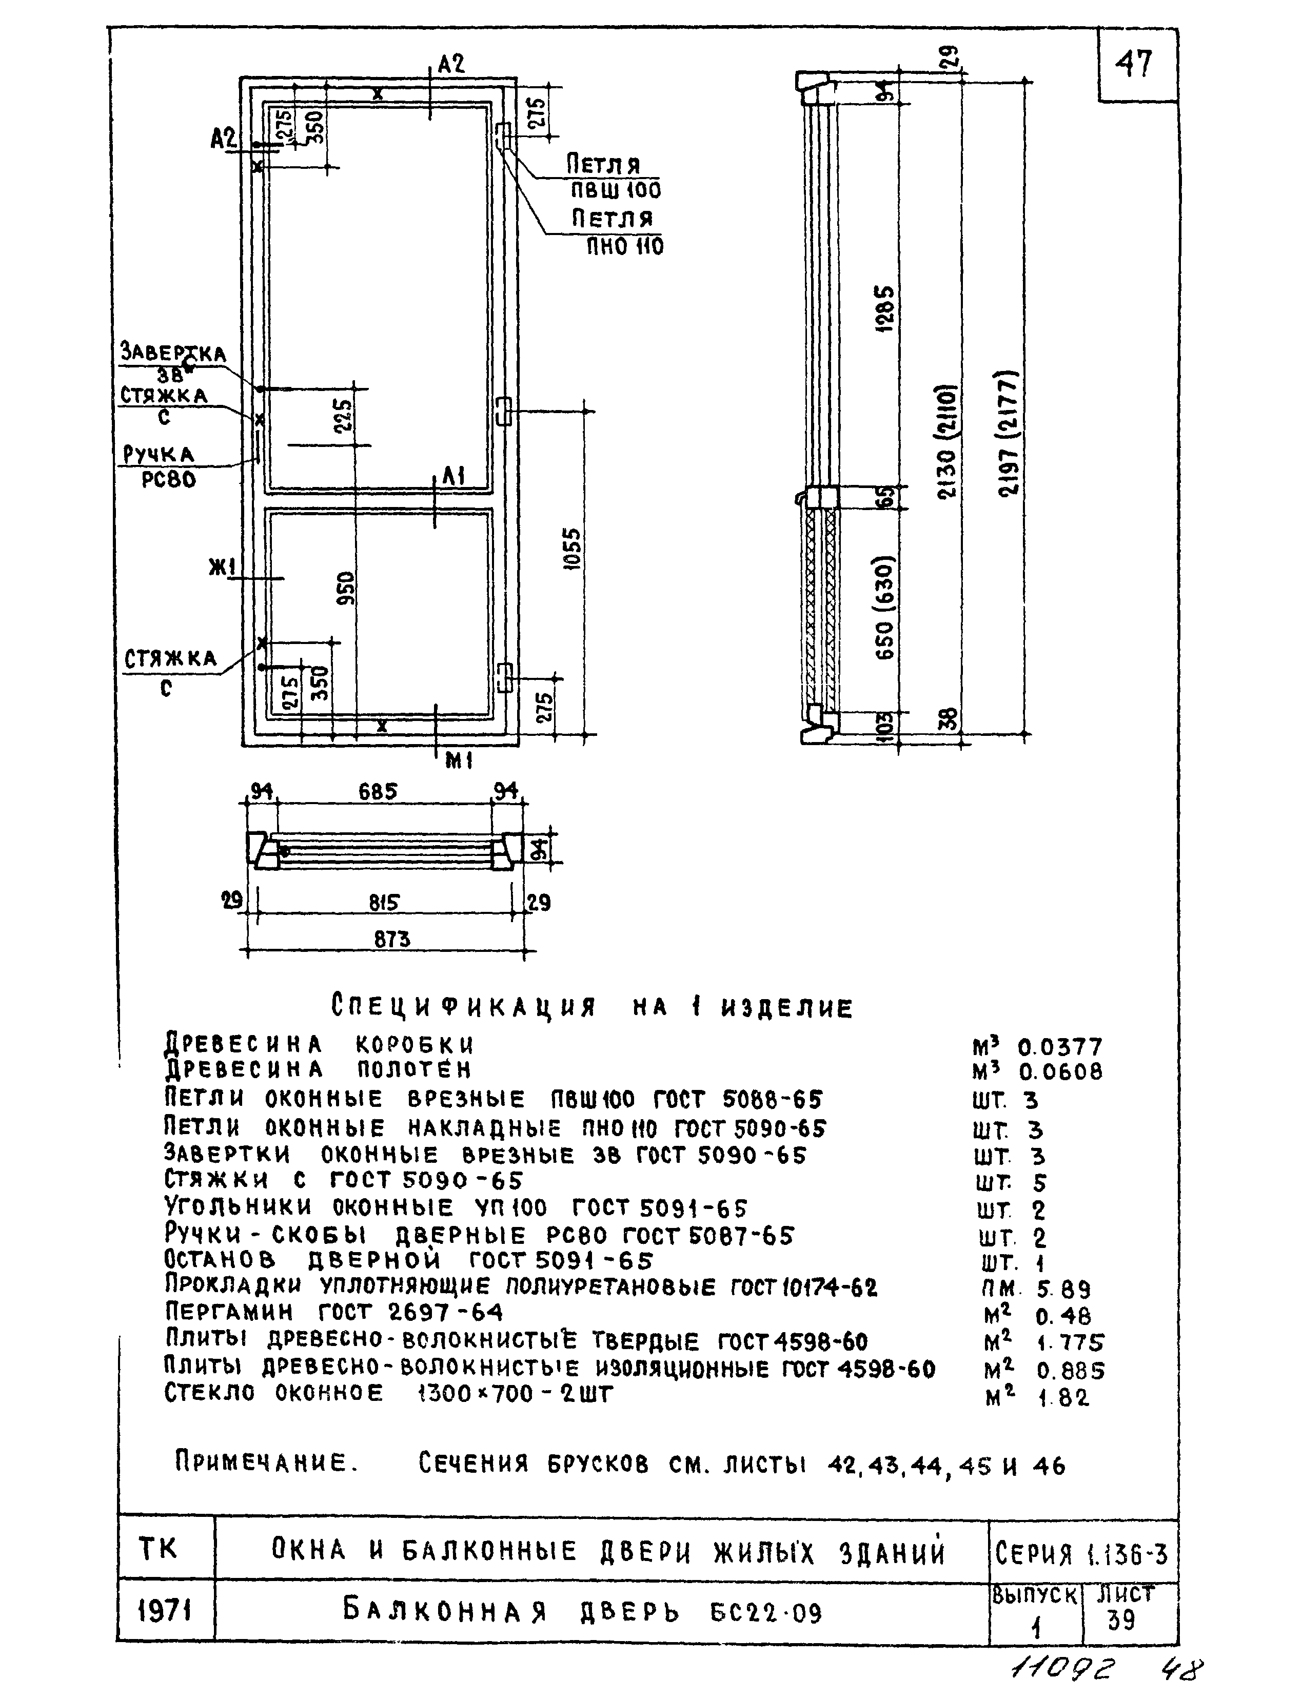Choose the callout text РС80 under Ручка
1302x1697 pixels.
168,480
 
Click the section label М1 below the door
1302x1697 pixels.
458,762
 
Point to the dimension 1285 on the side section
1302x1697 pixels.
885,308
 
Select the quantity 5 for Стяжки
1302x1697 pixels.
1039,1183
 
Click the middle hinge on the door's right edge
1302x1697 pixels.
504,411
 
